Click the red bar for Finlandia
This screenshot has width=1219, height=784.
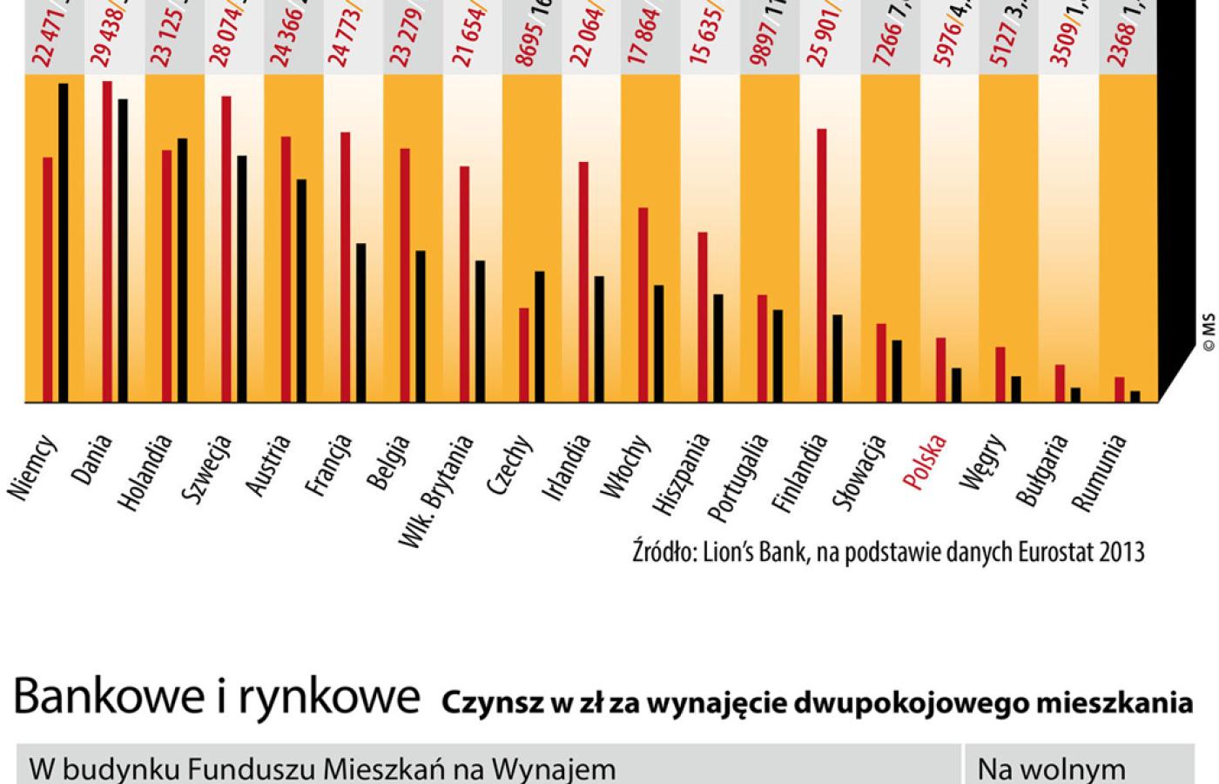pos(822,265)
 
